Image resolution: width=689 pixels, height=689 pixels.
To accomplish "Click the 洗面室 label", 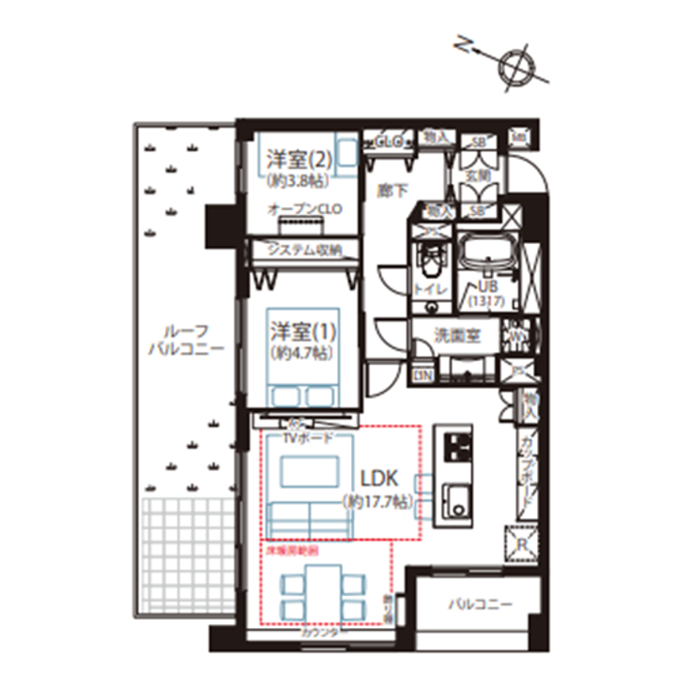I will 457,336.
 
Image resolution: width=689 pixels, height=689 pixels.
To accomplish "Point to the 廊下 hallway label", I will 390,191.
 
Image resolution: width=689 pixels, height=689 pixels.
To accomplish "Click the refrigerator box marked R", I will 519,543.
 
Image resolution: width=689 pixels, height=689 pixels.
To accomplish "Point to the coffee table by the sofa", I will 309,472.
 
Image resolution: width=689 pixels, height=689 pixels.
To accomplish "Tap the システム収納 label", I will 300,250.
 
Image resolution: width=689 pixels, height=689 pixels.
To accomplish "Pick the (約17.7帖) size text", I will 376,502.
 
